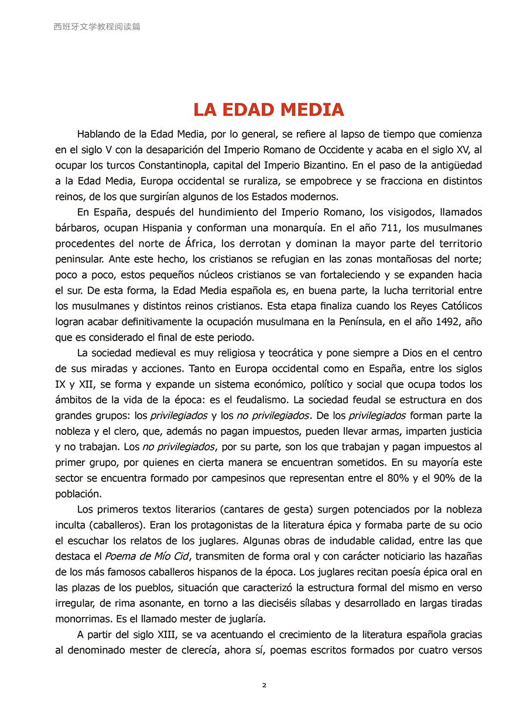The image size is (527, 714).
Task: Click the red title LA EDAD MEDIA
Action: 269,110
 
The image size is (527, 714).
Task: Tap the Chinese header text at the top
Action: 97,27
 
